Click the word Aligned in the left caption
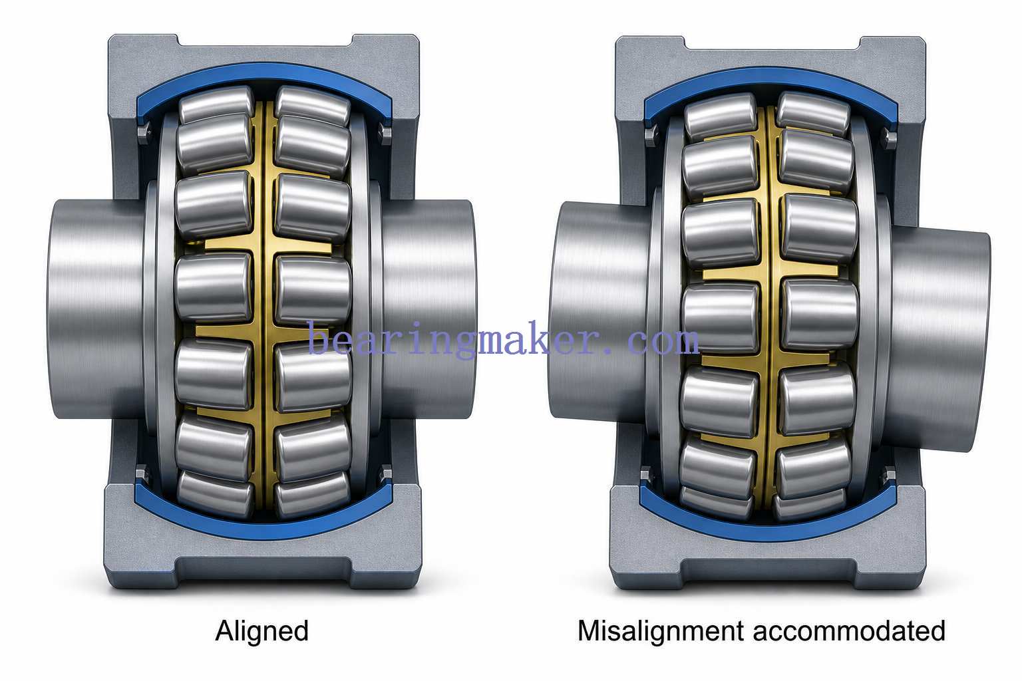(x=262, y=632)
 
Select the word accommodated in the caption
(x=849, y=631)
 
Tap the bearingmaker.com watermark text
(x=503, y=339)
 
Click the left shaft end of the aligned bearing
(x=96, y=309)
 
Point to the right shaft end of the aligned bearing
(x=429, y=309)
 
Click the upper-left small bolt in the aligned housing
(x=143, y=133)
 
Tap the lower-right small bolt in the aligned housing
(x=386, y=474)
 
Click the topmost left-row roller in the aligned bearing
(x=216, y=104)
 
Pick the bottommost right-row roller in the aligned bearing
(x=311, y=495)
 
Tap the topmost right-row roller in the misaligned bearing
(x=812, y=112)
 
